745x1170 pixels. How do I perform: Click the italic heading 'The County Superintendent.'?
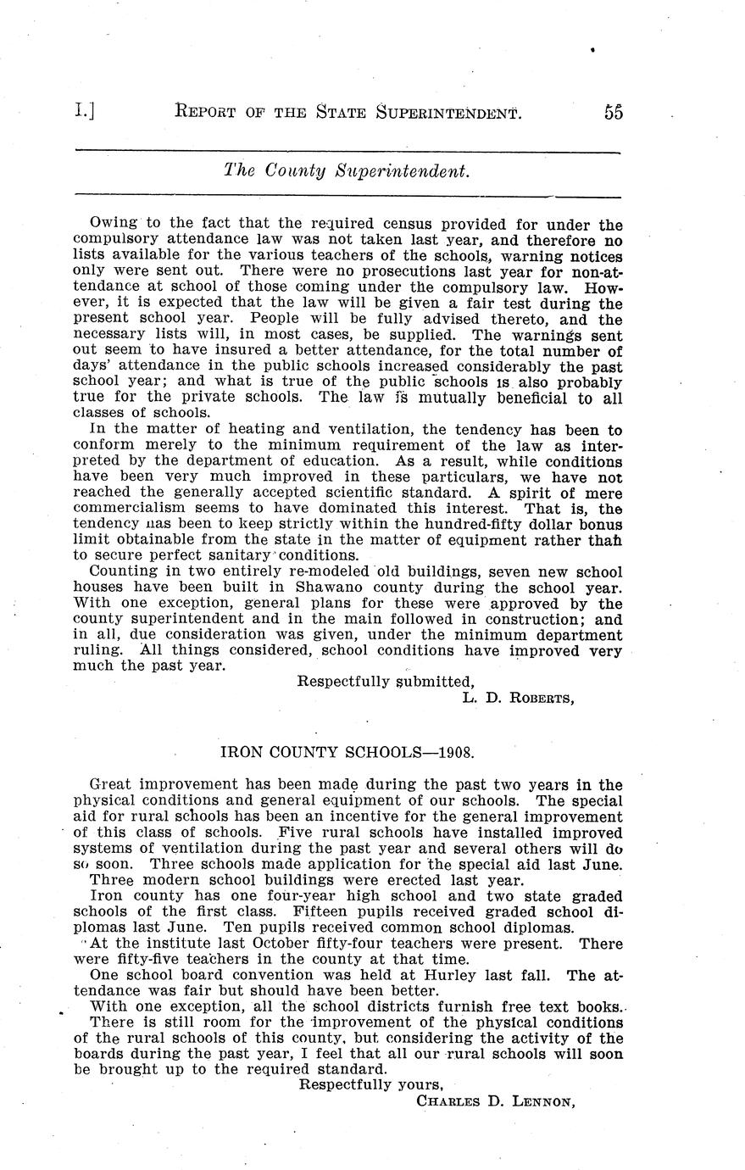[347, 170]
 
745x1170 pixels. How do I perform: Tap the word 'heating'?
[223, 430]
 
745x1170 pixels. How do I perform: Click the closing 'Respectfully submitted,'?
[386, 682]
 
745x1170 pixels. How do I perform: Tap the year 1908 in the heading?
[454, 752]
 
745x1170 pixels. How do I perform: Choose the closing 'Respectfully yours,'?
[372, 1085]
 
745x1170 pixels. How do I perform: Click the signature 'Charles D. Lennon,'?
[496, 1101]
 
